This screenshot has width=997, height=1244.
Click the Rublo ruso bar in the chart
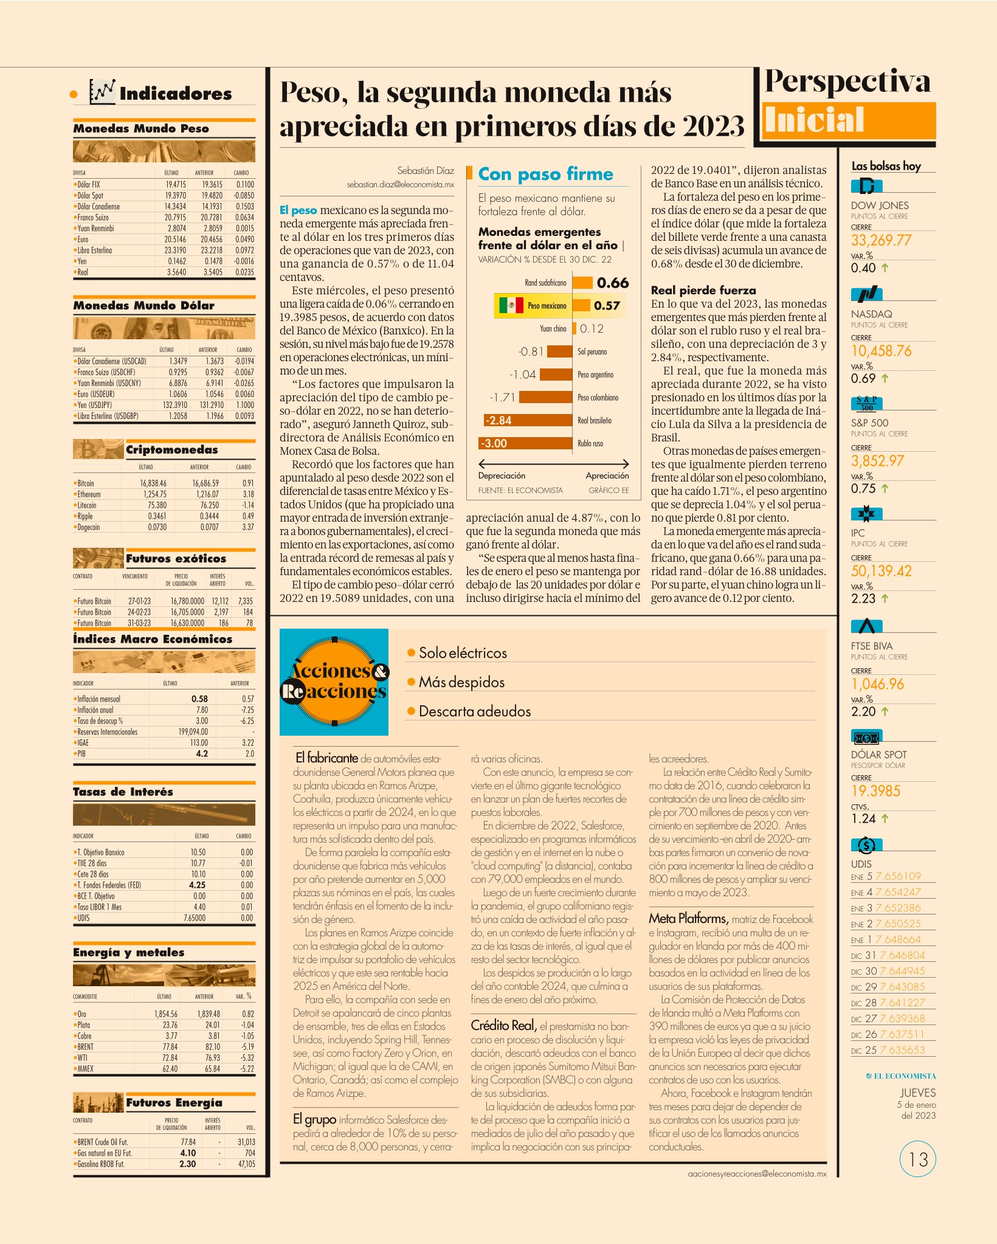(526, 443)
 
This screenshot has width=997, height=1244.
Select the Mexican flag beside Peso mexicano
(511, 305)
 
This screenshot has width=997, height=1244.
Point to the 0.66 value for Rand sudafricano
(613, 283)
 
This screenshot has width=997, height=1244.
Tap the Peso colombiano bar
(546, 398)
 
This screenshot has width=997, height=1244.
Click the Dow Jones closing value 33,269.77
(881, 240)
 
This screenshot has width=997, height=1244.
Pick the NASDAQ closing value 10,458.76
(881, 351)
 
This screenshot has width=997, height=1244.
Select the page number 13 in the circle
(918, 1159)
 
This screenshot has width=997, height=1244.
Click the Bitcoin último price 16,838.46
(153, 483)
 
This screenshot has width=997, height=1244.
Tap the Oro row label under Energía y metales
(81, 1014)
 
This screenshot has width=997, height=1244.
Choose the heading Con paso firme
(545, 174)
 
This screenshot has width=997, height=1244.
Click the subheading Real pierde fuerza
(703, 290)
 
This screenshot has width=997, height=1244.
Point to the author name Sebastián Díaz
(426, 170)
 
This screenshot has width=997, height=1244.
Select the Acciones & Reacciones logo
(334, 682)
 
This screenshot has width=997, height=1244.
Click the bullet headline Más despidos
(461, 682)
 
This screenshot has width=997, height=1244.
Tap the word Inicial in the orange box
(814, 119)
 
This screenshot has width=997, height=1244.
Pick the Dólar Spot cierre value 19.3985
(876, 791)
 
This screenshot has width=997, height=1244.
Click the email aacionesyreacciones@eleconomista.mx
(757, 1173)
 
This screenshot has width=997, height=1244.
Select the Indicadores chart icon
(102, 92)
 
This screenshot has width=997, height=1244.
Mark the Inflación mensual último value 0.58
(199, 699)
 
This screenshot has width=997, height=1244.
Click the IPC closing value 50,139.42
(881, 571)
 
